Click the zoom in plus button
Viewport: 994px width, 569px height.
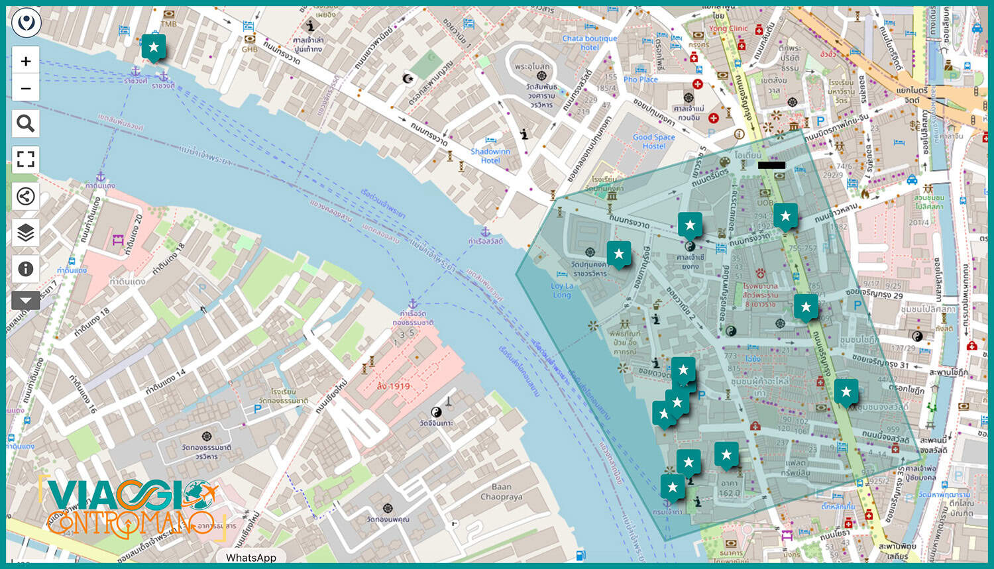coord(26,62)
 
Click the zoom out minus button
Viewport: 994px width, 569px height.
coord(26,88)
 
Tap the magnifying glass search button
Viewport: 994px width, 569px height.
coord(26,123)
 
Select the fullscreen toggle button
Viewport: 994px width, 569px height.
coord(26,160)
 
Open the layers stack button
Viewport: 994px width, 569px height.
coord(26,233)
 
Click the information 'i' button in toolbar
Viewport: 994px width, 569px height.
coord(26,269)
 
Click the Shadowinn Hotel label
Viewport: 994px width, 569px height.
coord(490,156)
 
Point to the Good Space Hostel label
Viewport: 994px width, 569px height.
coord(653,141)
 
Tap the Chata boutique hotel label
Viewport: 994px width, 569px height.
coord(589,42)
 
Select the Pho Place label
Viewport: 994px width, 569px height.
coord(640,79)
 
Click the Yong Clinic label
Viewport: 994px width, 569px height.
coord(728,28)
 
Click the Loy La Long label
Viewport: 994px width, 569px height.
coord(561,290)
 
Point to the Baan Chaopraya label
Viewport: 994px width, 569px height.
coord(501,491)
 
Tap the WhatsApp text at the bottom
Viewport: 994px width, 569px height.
coord(250,558)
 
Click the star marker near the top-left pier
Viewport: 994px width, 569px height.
coord(154,47)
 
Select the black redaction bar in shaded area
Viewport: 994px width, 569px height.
coord(771,165)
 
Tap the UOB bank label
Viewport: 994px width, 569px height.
coord(765,203)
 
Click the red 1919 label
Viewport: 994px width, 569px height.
coord(393,386)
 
